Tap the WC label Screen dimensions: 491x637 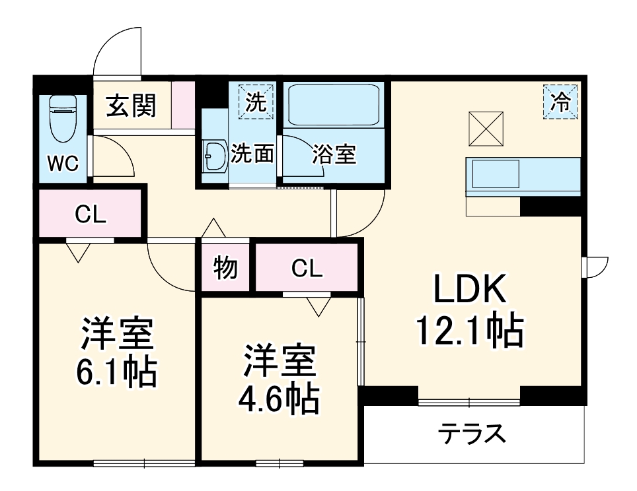coord(63,164)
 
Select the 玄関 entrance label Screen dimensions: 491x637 coord(131,106)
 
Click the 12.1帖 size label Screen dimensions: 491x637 coord(470,331)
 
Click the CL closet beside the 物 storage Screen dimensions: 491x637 coord(307,268)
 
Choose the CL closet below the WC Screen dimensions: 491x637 coord(90,214)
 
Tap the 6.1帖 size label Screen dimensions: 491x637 coord(117,373)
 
